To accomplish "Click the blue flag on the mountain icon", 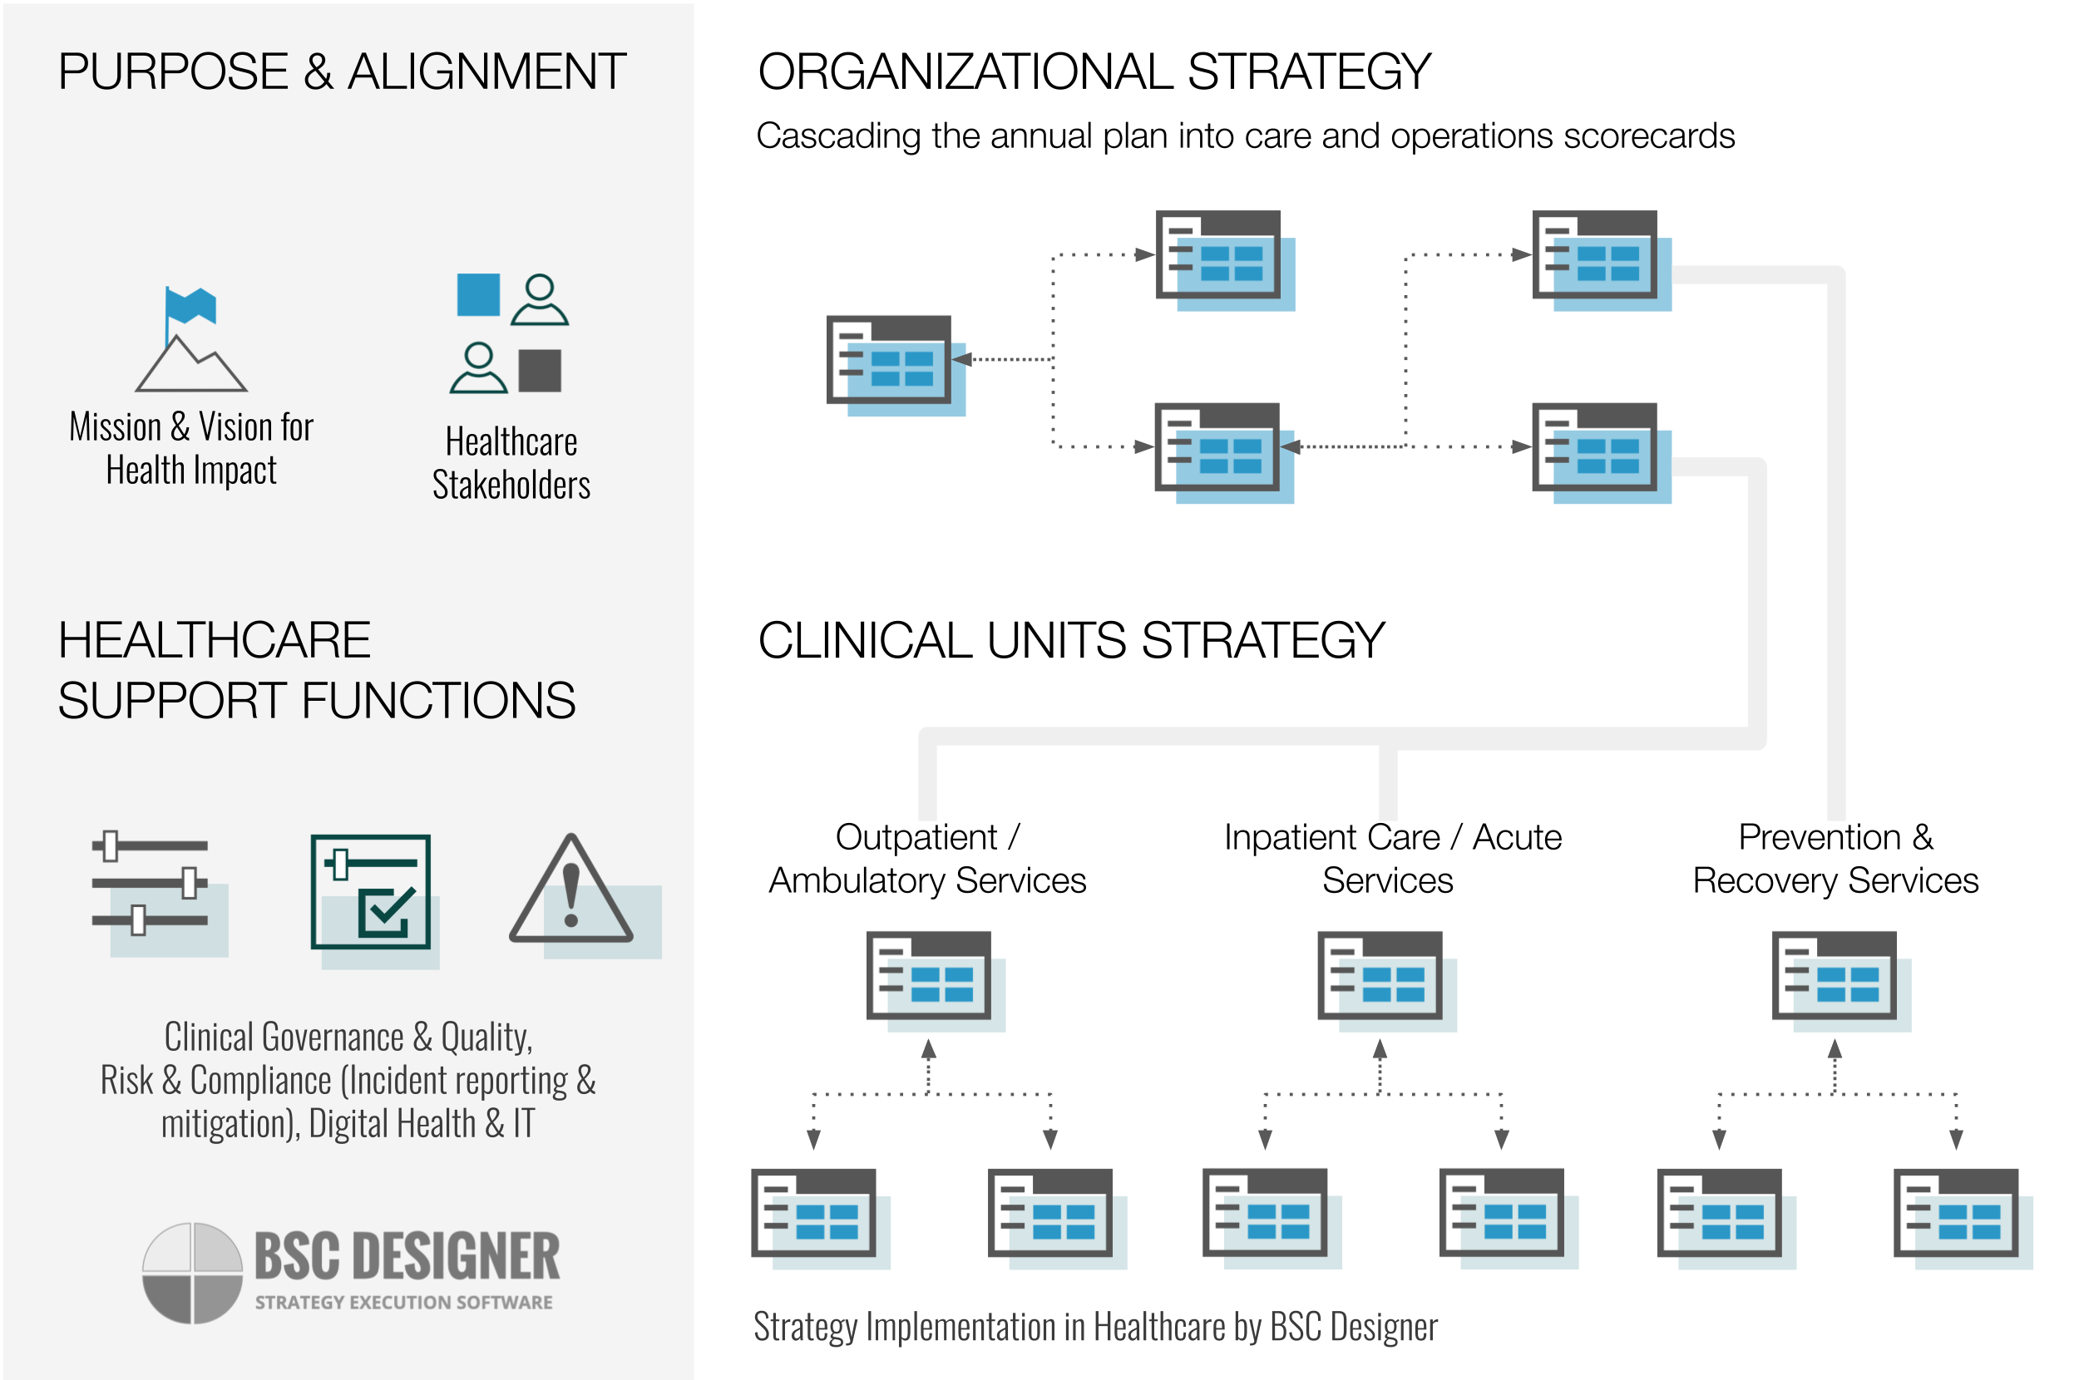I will (x=191, y=305).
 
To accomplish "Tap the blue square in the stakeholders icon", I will (x=478, y=294).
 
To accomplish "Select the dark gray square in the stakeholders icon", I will (x=540, y=371).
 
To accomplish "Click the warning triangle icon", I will (x=571, y=890).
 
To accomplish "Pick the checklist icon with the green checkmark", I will (x=371, y=891).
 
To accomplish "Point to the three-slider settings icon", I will (x=151, y=883).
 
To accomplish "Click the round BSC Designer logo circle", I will (x=192, y=1272).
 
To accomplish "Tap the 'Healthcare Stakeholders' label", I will (x=511, y=463).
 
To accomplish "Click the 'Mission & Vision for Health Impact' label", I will (x=191, y=448).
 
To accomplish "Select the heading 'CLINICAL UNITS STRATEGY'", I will (x=1071, y=640).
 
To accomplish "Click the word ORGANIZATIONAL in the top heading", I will (x=965, y=72).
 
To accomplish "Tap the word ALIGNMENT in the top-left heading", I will (x=486, y=72).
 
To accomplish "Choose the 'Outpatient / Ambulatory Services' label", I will (x=927, y=858).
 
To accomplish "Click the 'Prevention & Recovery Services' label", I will (x=1835, y=858).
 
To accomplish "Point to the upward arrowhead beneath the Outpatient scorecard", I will (x=929, y=1048).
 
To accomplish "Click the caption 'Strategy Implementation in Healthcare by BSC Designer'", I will (x=1095, y=1326).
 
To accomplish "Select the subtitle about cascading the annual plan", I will (x=1245, y=136).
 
